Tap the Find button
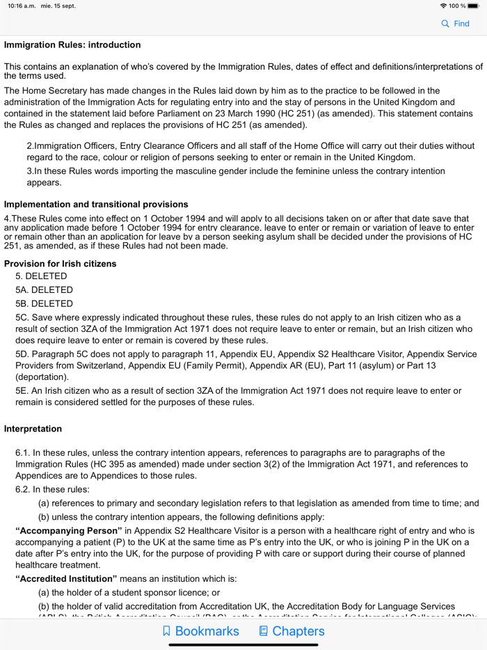(x=456, y=24)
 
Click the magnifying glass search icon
(x=445, y=24)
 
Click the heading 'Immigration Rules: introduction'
(x=72, y=45)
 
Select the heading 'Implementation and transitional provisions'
(x=96, y=205)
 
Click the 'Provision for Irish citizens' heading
(x=61, y=264)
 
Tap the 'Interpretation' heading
(x=33, y=429)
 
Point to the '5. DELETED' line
(x=41, y=276)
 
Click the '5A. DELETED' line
(x=44, y=290)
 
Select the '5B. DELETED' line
(x=44, y=304)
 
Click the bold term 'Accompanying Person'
(x=69, y=530)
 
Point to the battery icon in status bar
(x=473, y=6)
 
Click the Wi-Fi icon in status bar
(x=443, y=6)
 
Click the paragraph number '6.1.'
(x=24, y=453)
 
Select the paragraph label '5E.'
(x=23, y=391)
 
